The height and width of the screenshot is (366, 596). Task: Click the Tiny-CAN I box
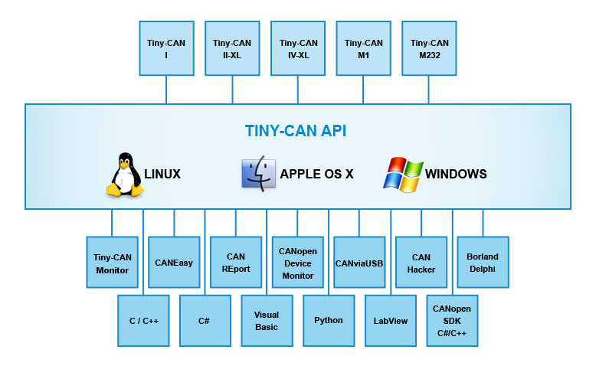coord(166,48)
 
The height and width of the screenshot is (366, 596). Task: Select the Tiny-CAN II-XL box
coord(232,48)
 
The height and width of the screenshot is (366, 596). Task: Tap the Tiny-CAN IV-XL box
coord(298,48)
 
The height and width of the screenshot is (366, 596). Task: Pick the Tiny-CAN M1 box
coord(363,48)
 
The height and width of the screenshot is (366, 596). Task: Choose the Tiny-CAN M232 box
coord(429,48)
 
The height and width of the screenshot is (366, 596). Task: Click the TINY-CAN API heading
coord(296,131)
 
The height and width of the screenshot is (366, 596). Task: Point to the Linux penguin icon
coord(124,175)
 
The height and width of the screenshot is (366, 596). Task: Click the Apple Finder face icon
coord(258,174)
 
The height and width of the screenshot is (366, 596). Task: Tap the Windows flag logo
coord(403,175)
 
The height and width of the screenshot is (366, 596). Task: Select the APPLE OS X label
coord(316,174)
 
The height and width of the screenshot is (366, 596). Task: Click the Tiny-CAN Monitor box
coord(112,263)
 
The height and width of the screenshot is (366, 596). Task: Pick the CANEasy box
coord(174,263)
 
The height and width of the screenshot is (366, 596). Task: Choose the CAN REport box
coord(236,263)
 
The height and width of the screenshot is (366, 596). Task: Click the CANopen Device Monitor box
coord(298,263)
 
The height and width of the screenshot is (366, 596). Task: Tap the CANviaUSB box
coord(359,263)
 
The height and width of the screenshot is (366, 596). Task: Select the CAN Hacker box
coord(421,263)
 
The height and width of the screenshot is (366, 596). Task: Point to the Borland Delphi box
coord(483,263)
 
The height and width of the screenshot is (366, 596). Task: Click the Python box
coord(329,320)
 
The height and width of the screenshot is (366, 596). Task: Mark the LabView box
coord(390,320)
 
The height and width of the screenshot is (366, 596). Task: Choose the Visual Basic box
coord(267,320)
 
